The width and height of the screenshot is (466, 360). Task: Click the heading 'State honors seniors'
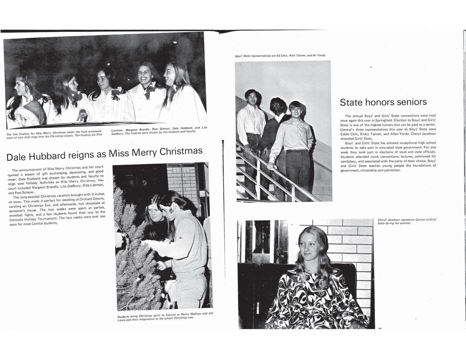383,102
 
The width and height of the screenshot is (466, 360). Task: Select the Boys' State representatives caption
280,55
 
